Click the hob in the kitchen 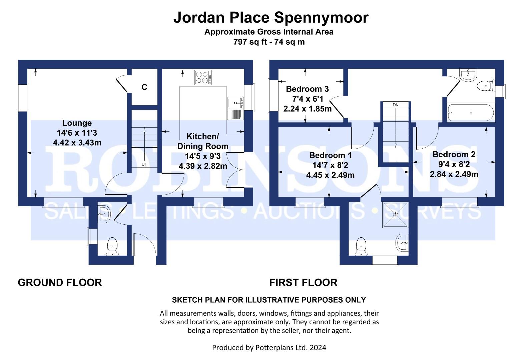(x=203, y=77)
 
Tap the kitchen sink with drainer (x=235, y=108)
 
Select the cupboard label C (x=144, y=87)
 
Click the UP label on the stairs (x=144, y=164)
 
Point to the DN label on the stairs (x=396, y=105)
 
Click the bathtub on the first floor (x=471, y=113)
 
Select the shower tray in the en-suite (x=396, y=215)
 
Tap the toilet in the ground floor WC (x=112, y=246)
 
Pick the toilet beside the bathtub (x=486, y=86)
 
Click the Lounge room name (x=77, y=123)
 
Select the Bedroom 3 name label (x=308, y=89)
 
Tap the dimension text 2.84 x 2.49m (x=454, y=174)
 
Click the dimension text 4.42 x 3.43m (x=77, y=143)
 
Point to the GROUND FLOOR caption (x=60, y=283)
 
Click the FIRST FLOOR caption (x=303, y=283)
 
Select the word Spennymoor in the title (x=322, y=18)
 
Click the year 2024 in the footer (x=318, y=348)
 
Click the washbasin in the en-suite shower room (x=402, y=243)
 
